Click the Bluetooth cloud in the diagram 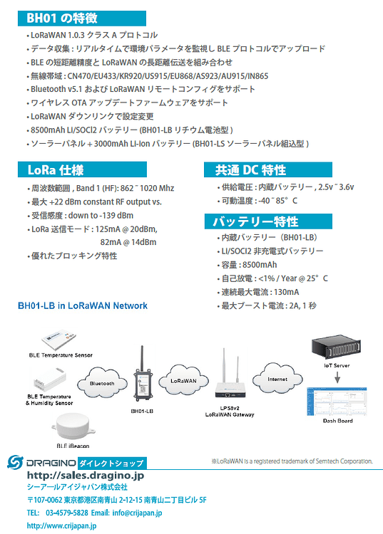tap(102, 383)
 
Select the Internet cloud tap(277, 379)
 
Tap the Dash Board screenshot tap(337, 402)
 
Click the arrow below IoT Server tap(337, 377)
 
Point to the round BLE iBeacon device tap(73, 426)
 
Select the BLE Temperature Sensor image tap(59, 340)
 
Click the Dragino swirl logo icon tap(15, 462)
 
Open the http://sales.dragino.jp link tap(86, 475)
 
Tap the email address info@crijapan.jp tap(137, 513)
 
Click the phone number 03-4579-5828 tap(67, 513)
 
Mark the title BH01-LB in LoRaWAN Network tap(83, 305)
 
